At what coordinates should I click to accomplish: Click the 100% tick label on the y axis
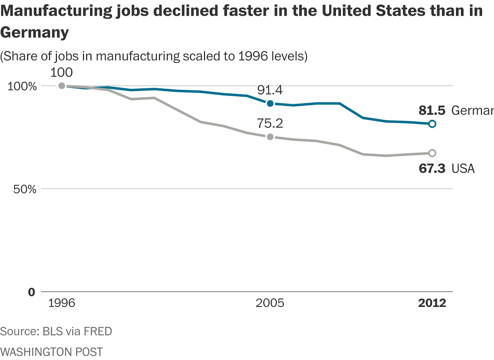coord(22,86)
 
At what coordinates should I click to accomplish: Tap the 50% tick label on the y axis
coord(25,189)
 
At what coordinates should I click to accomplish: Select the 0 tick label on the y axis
coord(31,292)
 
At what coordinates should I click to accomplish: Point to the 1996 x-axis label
coord(62,303)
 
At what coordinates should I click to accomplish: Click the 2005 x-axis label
coord(270,303)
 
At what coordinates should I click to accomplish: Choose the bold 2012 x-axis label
coord(432,303)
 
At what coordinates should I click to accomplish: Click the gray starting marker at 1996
coord(62,86)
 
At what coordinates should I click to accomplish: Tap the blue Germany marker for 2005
coord(270,104)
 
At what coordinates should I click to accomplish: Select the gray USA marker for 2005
coord(270,137)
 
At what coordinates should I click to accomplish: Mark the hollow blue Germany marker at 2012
coord(432,124)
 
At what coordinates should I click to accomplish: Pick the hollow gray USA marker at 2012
coord(432,153)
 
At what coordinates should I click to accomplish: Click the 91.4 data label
coord(270,90)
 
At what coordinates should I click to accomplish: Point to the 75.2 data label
coord(270,123)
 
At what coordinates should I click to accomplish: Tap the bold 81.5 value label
coord(432,110)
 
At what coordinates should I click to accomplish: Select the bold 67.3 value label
coord(432,168)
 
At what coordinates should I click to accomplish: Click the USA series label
coord(463,168)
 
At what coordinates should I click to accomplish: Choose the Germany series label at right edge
coord(472,110)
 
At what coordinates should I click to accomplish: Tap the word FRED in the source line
coord(98,331)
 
